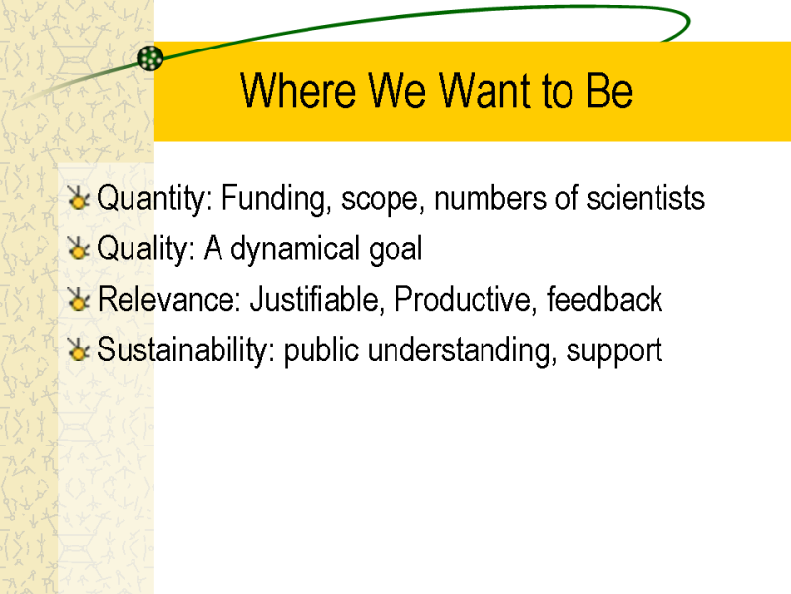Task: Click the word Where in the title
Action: coord(299,90)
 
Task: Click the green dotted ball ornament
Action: coord(150,58)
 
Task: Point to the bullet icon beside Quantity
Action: coord(79,198)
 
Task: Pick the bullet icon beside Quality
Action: coord(79,248)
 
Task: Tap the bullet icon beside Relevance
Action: coord(79,299)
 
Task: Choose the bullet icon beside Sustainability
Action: coord(79,349)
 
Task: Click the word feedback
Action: coord(604,299)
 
